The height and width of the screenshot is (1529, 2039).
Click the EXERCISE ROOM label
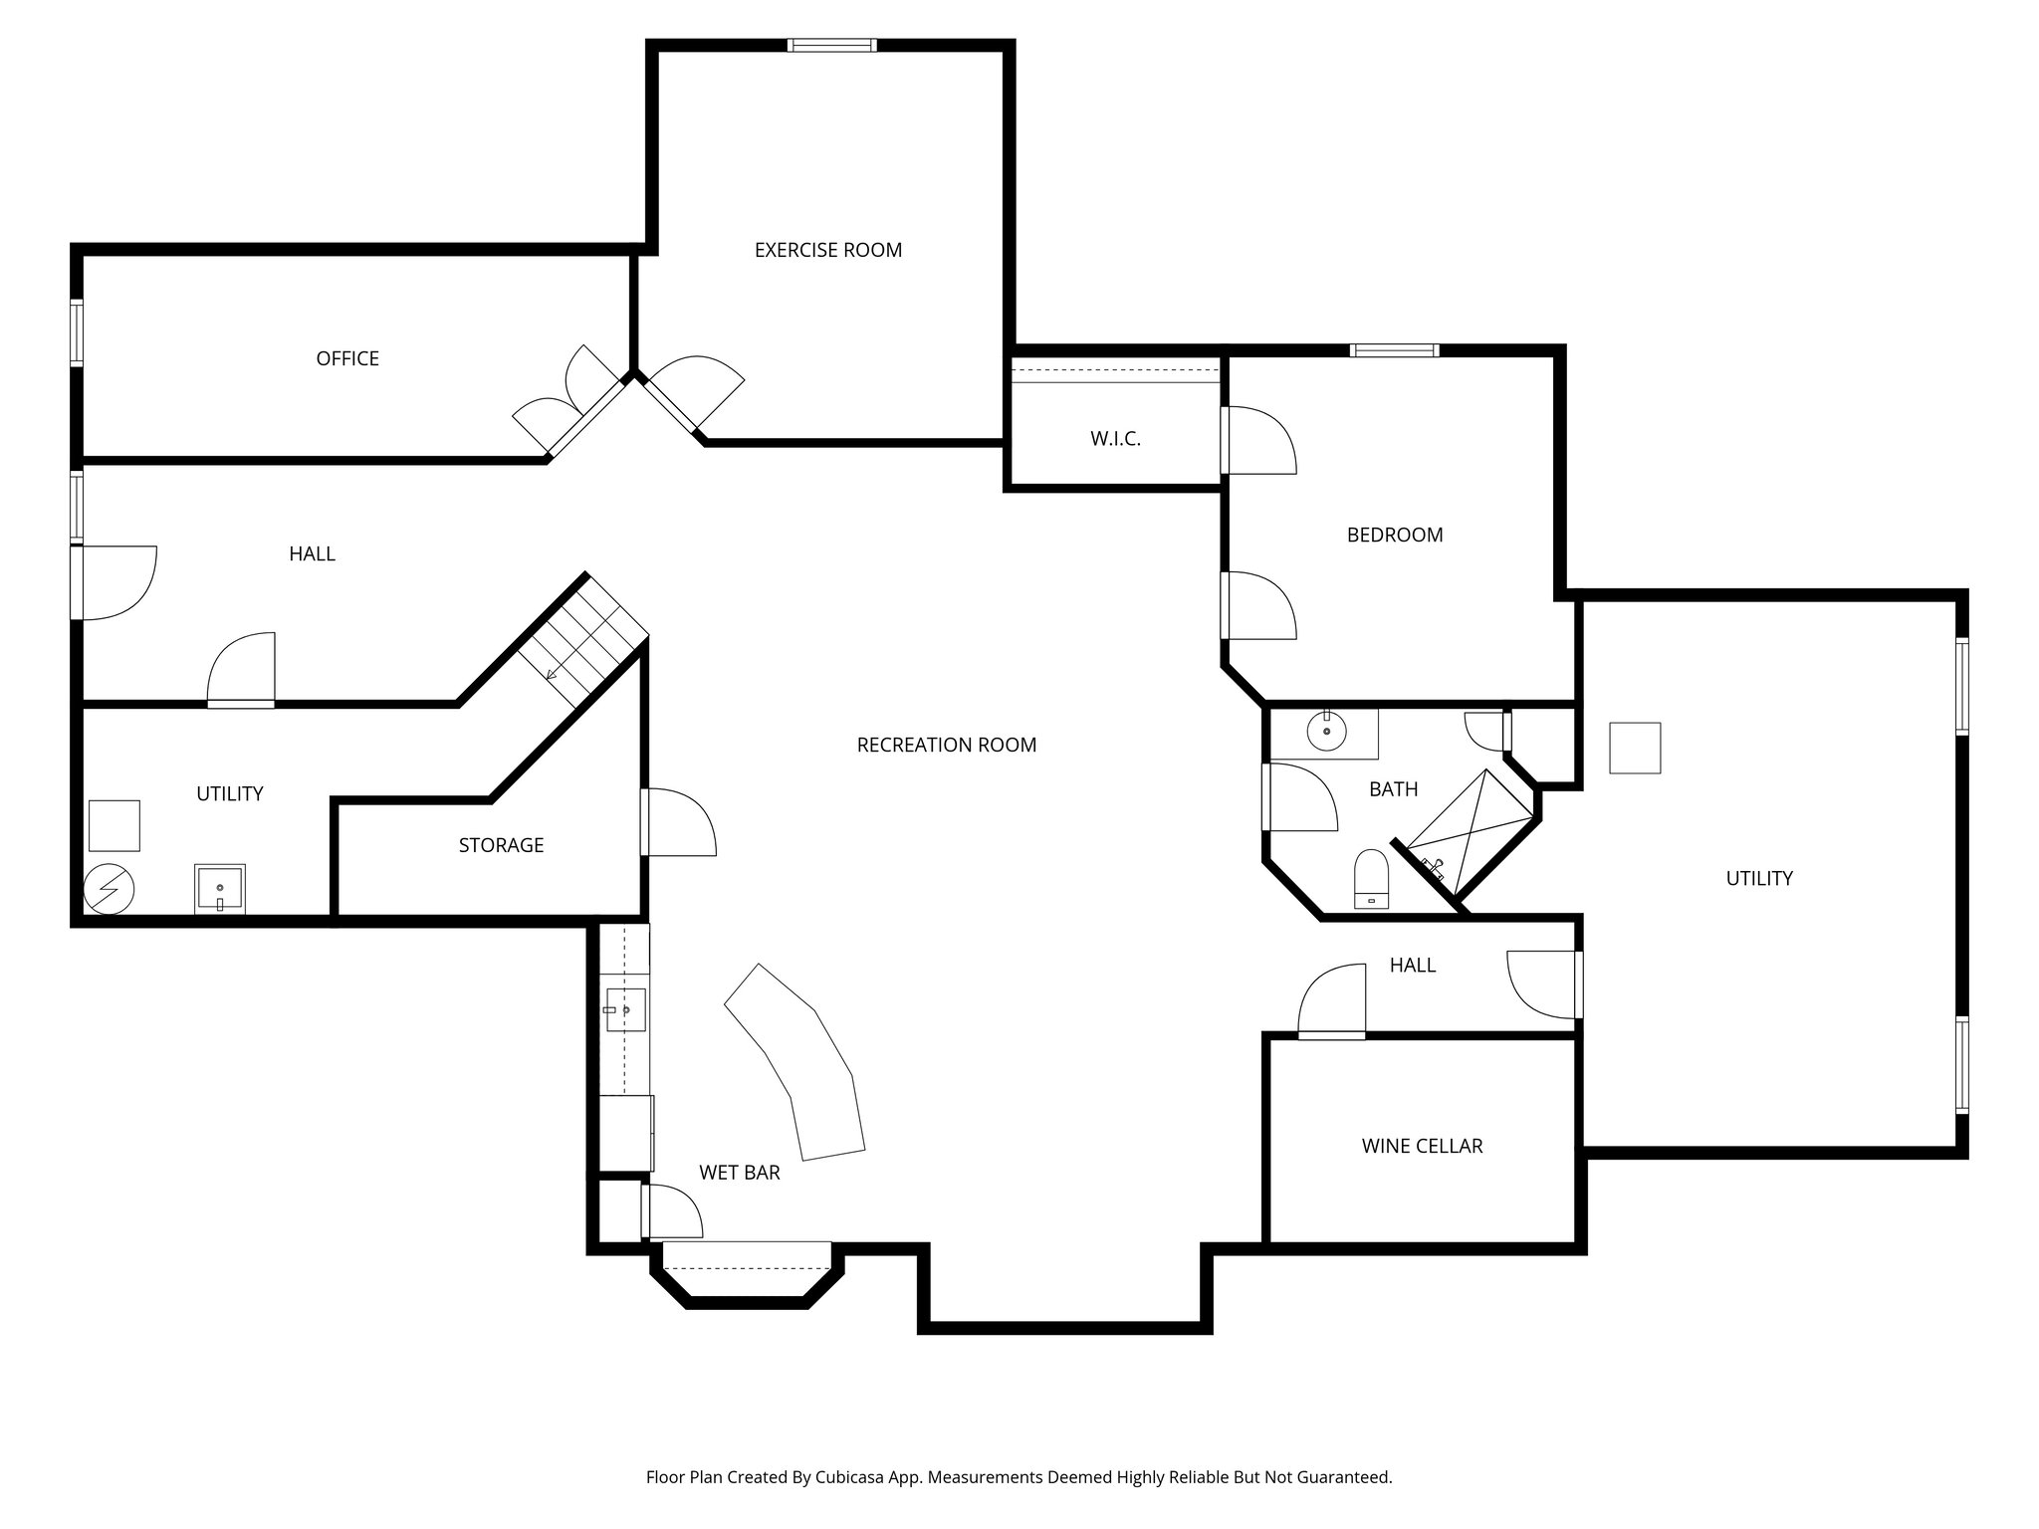tap(827, 251)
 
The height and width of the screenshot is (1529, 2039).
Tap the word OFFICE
tap(347, 358)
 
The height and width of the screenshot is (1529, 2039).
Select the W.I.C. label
tap(1115, 439)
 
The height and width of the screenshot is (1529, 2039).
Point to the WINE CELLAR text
tap(1422, 1147)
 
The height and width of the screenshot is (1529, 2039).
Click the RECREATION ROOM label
tap(946, 745)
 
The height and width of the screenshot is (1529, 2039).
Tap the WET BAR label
tap(739, 1173)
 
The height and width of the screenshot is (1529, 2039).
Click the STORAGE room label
tap(501, 845)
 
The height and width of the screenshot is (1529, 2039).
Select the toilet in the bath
tap(1372, 879)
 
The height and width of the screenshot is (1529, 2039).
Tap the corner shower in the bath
tap(1469, 831)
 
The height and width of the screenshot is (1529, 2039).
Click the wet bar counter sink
tap(624, 1010)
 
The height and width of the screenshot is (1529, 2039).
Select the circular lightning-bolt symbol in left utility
tap(108, 889)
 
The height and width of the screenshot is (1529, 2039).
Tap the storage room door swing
tap(679, 822)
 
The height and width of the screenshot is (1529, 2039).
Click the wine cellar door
tap(1332, 1003)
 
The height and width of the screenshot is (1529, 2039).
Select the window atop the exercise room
tap(831, 45)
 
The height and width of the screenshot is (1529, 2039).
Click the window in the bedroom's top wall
tap(1394, 350)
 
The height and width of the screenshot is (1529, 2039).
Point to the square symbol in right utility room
tap(1635, 748)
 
